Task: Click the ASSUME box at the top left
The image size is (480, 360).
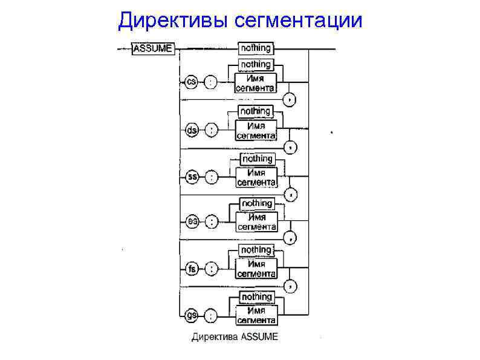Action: click(x=153, y=48)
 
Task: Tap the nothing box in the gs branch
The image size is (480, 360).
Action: click(x=256, y=296)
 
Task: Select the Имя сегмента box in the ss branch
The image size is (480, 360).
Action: click(x=256, y=177)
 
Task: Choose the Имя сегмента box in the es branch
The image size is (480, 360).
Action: click(x=256, y=222)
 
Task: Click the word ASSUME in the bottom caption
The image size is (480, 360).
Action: click(x=260, y=337)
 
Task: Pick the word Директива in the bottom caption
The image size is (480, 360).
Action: click(x=215, y=337)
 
